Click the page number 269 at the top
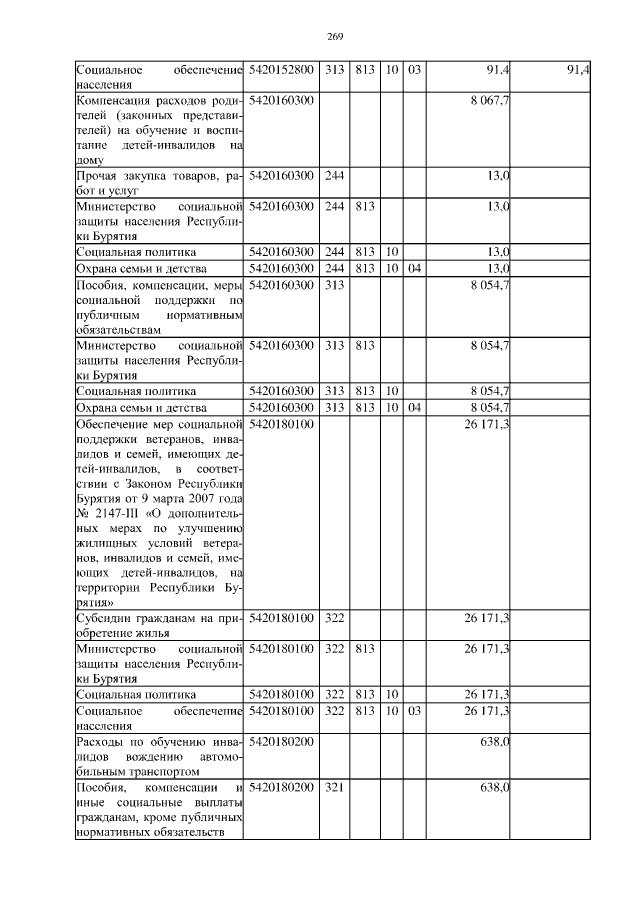tap(335, 37)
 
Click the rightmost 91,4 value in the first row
tap(578, 70)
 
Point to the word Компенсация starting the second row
tap(114, 101)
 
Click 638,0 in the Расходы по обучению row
tap(496, 743)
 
